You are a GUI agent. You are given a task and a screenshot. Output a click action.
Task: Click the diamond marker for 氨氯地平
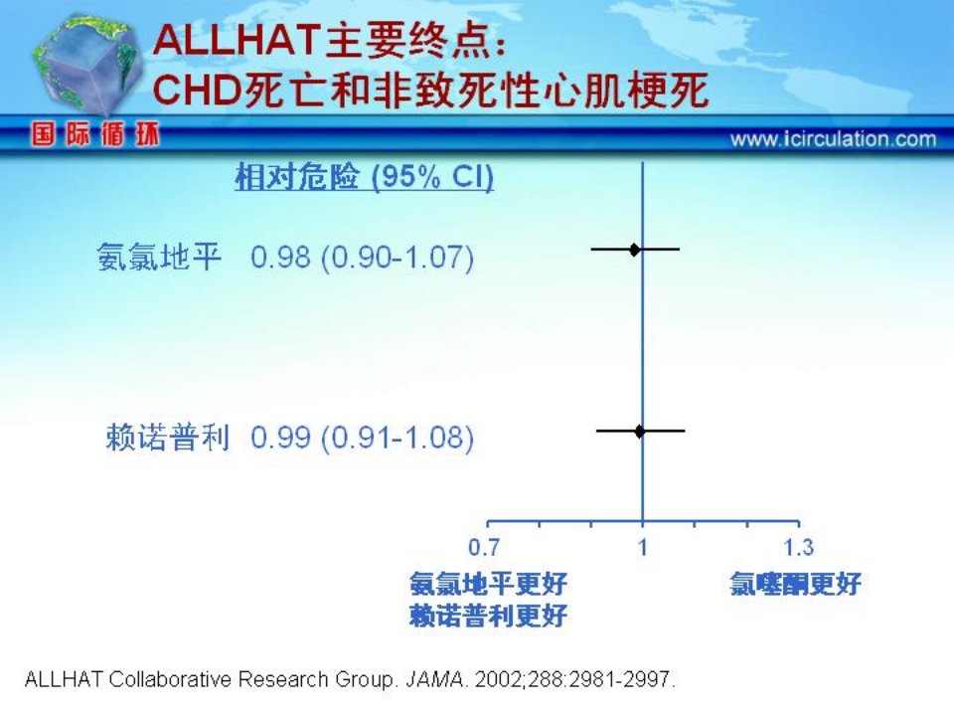pos(635,249)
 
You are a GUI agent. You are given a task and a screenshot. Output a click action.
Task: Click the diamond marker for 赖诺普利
pos(639,431)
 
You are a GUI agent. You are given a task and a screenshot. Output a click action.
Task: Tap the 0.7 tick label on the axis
pos(484,547)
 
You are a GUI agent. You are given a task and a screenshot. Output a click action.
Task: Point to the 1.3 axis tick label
pos(798,547)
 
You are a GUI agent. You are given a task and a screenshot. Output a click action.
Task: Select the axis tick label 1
pos(643,547)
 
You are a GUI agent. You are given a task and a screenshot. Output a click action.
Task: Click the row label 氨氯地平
pos(158,257)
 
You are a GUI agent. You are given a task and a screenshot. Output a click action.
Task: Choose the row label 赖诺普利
pos(167,438)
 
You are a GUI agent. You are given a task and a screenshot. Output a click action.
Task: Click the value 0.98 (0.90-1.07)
pos(362,257)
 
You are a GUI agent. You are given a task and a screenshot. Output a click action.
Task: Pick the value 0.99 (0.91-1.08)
pos(362,438)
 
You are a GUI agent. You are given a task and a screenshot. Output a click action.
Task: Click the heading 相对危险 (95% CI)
pos(364,177)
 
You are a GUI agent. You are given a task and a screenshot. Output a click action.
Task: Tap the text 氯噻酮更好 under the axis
pos(795,584)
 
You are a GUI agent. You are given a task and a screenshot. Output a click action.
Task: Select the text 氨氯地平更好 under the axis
pos(488,584)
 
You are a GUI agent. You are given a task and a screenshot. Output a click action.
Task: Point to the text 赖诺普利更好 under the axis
pos(488,616)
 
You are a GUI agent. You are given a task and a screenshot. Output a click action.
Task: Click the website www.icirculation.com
pos(833,139)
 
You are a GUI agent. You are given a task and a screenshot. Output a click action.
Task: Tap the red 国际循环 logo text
pos(95,134)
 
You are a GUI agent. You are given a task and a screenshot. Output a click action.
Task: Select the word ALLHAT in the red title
pos(237,41)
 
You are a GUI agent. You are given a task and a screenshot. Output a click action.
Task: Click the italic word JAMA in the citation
pos(434,679)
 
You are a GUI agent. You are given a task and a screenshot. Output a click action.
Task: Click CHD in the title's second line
pos(196,90)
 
